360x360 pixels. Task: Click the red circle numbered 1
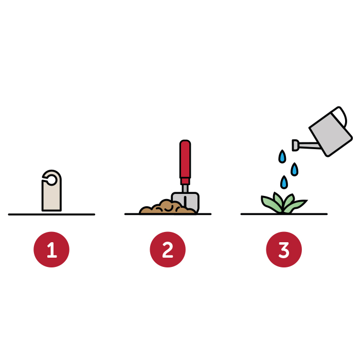click(x=51, y=249)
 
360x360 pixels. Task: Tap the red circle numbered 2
click(x=168, y=249)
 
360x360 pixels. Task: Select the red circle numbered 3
click(x=284, y=249)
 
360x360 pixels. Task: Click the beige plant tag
click(x=51, y=195)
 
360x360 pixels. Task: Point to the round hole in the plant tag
click(x=51, y=180)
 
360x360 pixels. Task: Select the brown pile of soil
click(x=167, y=207)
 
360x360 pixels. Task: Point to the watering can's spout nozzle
click(x=295, y=145)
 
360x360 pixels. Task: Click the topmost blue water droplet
click(x=282, y=156)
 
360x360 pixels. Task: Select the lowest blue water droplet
click(x=284, y=183)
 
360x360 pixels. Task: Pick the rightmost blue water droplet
click(x=294, y=169)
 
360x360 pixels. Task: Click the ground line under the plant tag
click(x=51, y=214)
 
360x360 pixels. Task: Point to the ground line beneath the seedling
click(x=284, y=214)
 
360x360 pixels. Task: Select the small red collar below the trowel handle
click(x=185, y=182)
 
